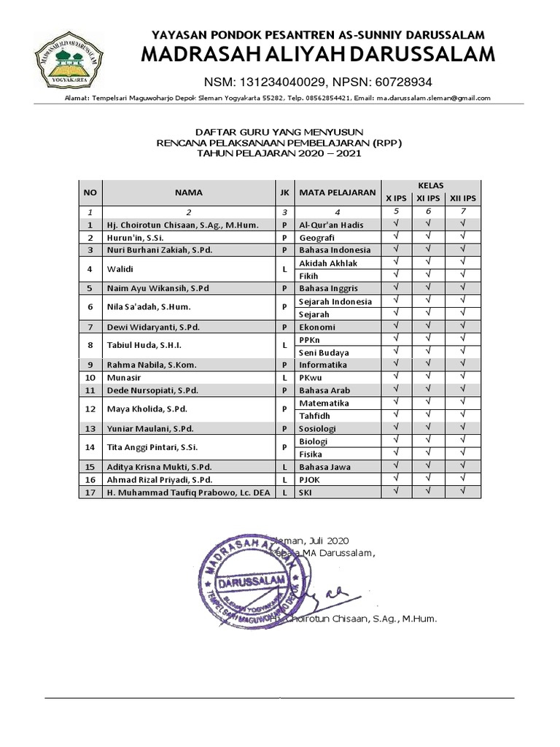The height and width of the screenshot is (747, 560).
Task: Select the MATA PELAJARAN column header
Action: [x=338, y=193]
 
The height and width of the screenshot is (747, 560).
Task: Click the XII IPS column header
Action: [x=463, y=198]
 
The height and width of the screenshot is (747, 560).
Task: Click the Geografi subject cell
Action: [x=338, y=237]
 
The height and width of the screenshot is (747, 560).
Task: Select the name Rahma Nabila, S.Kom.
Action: [x=152, y=365]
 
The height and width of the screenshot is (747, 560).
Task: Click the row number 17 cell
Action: [x=90, y=492]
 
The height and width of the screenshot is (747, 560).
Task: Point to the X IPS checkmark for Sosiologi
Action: [x=397, y=428]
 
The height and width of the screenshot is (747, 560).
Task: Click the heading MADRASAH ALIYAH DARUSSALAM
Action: [x=317, y=55]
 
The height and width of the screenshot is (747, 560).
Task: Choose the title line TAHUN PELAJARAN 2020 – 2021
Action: [x=280, y=154]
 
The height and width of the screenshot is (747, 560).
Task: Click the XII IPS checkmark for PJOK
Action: [x=463, y=479]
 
